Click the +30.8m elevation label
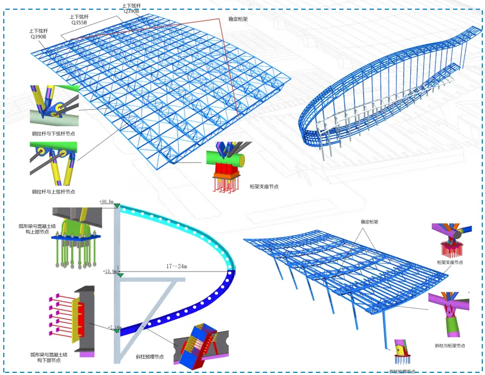tap(106, 202)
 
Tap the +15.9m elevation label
tap(110, 271)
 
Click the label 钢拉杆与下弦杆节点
tap(53, 133)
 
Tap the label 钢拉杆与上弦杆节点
tap(53, 192)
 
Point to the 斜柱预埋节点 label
tap(151, 357)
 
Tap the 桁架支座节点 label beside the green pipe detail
tap(264, 186)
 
